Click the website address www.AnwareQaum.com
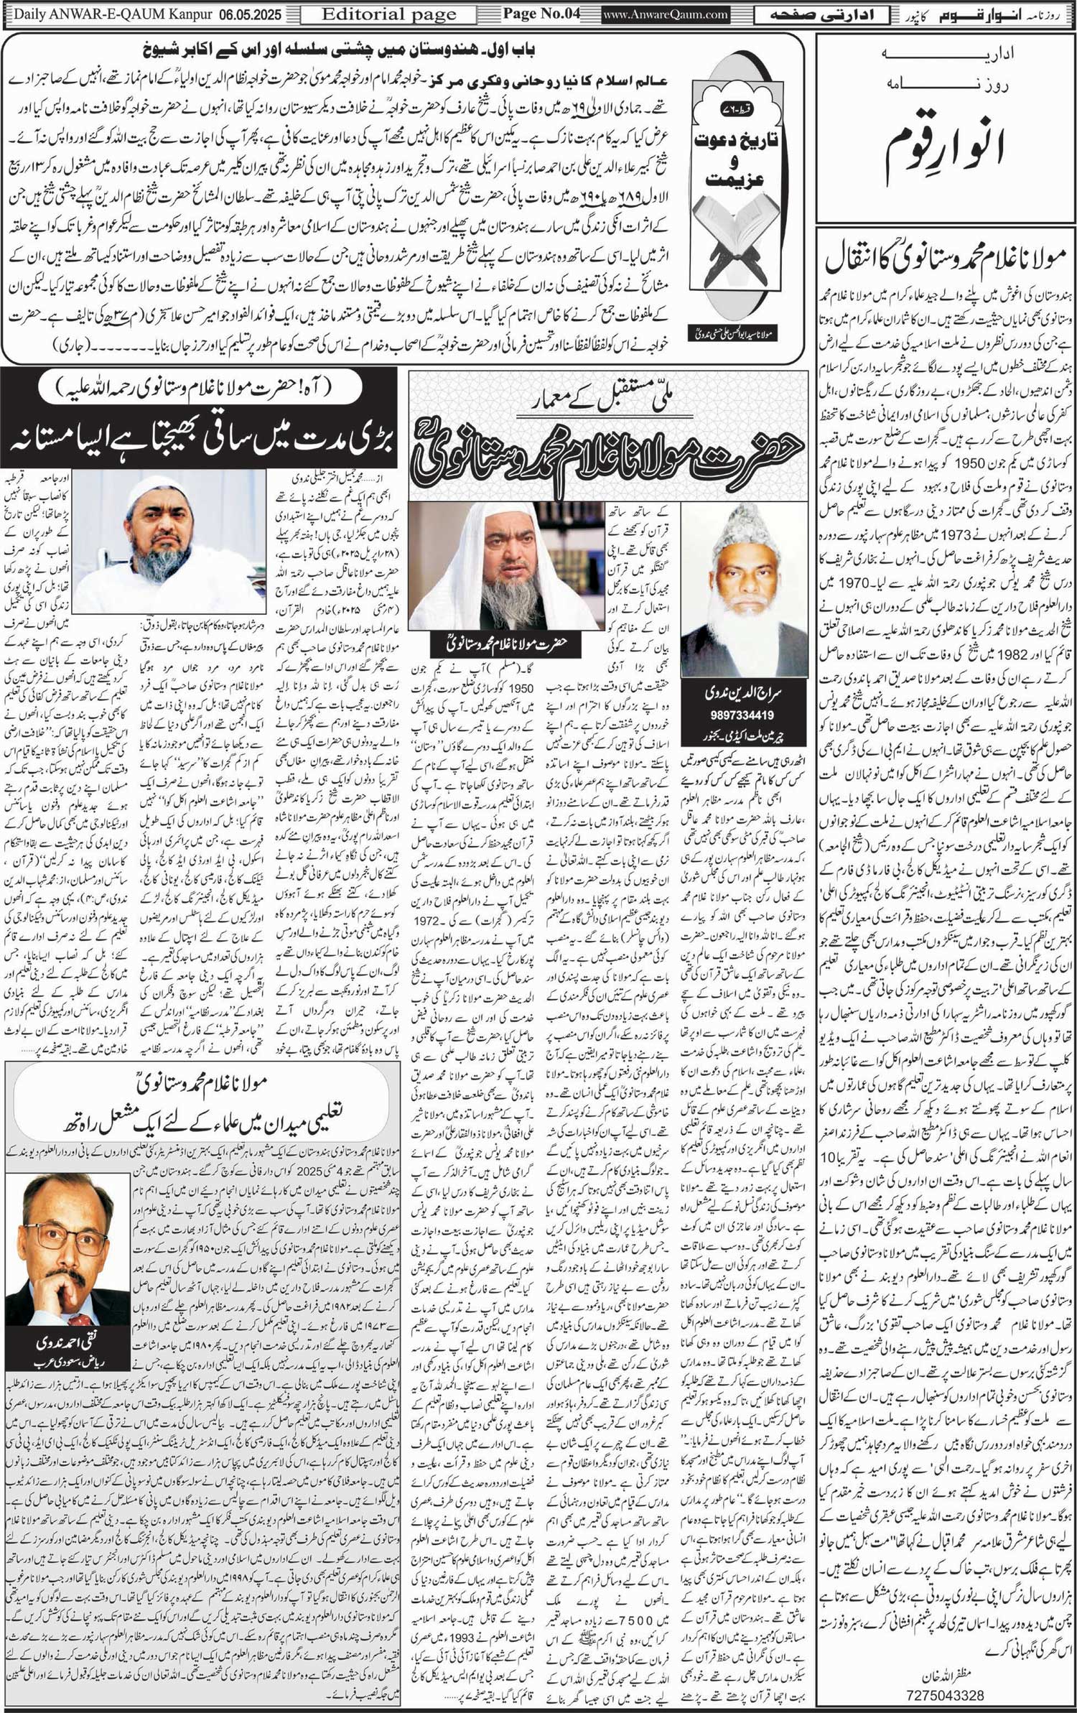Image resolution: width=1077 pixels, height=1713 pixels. pos(665,14)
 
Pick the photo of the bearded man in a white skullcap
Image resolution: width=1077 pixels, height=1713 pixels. pos(169,542)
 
